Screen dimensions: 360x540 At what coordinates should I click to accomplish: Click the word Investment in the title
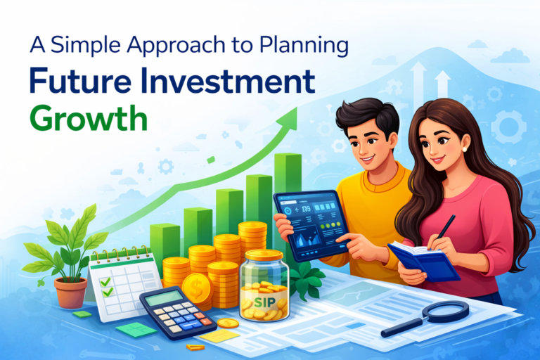click(232, 82)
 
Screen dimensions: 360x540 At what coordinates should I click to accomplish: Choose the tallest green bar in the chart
click(288, 190)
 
